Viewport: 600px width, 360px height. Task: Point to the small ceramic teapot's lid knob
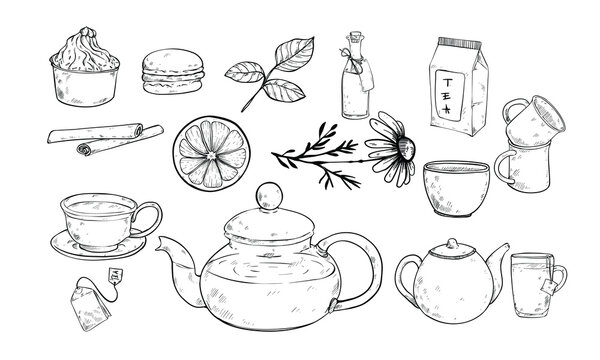452,243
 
